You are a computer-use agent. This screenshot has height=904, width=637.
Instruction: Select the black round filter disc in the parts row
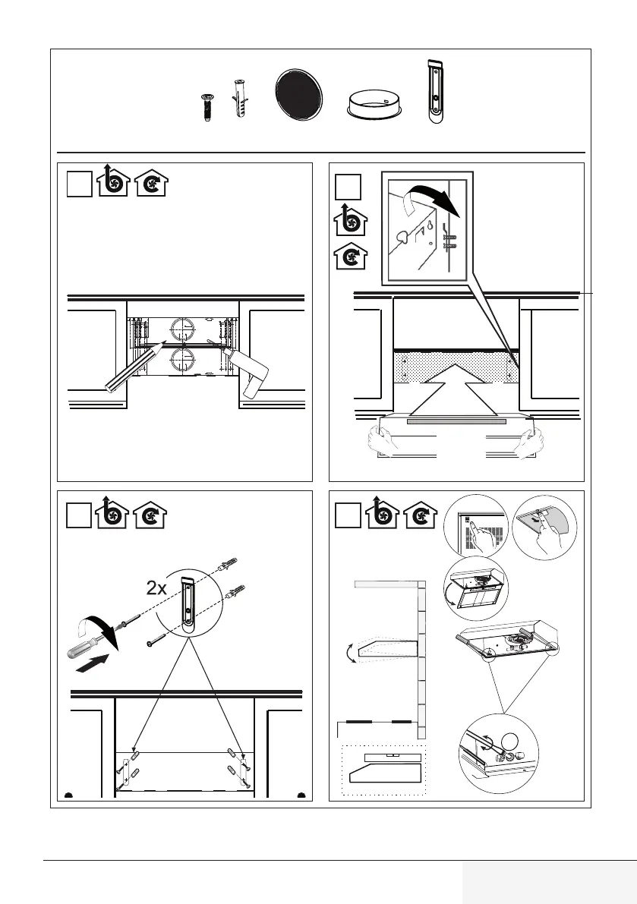pos(298,95)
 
